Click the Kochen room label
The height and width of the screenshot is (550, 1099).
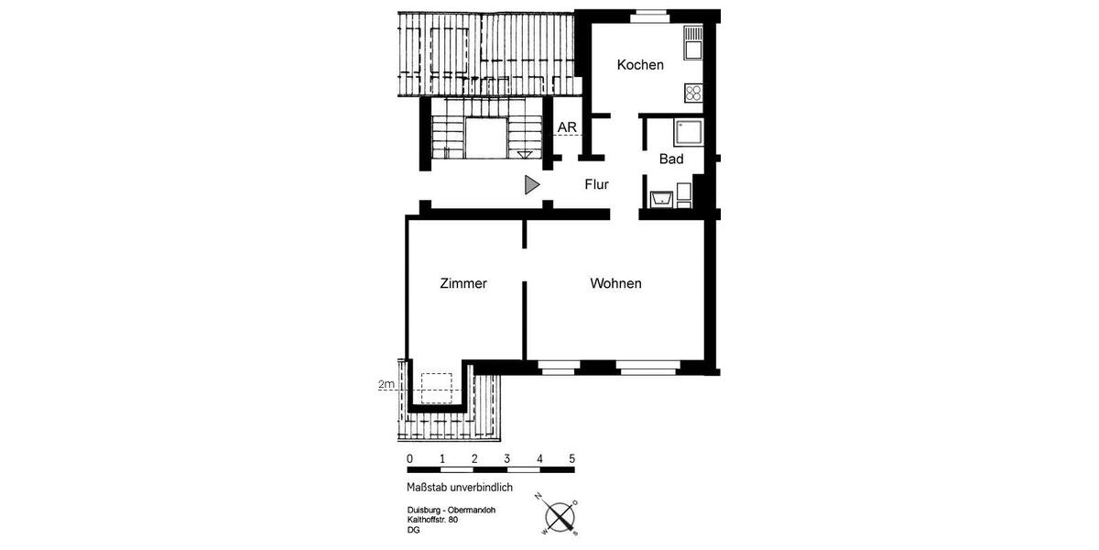pos(640,65)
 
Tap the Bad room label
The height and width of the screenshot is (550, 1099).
pos(671,159)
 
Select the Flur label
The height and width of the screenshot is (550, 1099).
pos(597,184)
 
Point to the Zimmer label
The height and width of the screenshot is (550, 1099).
pos(463,284)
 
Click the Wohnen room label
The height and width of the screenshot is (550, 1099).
pos(615,284)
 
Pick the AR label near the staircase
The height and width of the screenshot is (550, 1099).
pos(567,127)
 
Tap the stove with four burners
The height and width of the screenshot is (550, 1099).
pos(693,93)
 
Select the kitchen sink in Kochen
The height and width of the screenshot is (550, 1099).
pos(693,39)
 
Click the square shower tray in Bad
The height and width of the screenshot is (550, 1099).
pos(688,134)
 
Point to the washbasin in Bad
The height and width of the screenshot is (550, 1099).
pos(661,197)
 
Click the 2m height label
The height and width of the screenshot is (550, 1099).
pos(386,386)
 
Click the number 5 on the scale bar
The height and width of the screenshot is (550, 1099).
pos(572,458)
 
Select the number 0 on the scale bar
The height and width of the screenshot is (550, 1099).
pos(409,458)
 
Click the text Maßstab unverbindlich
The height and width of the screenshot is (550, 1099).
pos(460,488)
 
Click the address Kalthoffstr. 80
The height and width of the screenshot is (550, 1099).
pos(432,520)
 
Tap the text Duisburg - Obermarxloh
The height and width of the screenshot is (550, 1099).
pos(452,511)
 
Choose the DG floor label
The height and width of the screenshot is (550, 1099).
pos(414,530)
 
